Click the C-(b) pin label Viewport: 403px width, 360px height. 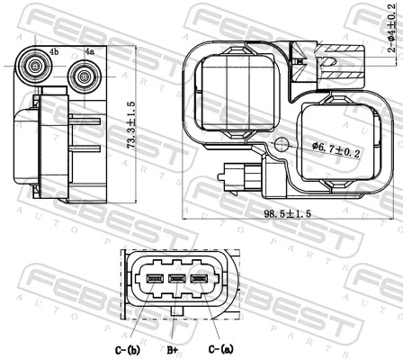point(127,349)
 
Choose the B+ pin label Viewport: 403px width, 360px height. point(175,349)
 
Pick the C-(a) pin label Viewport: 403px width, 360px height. point(220,349)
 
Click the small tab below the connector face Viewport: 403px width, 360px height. point(176,314)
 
